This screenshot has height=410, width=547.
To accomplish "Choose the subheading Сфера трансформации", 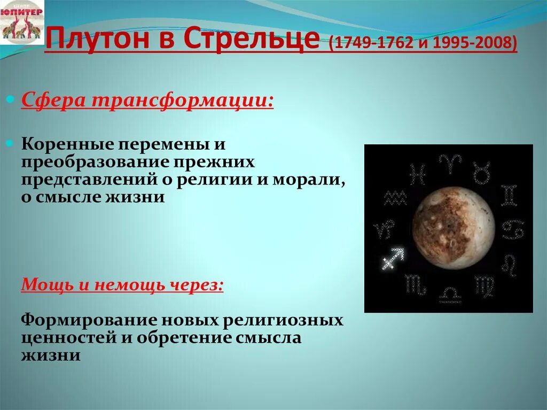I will [147, 100].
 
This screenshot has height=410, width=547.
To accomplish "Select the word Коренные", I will [66, 144].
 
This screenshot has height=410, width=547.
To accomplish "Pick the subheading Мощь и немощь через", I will [122, 284].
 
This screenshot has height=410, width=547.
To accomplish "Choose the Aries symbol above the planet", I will [447, 163].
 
